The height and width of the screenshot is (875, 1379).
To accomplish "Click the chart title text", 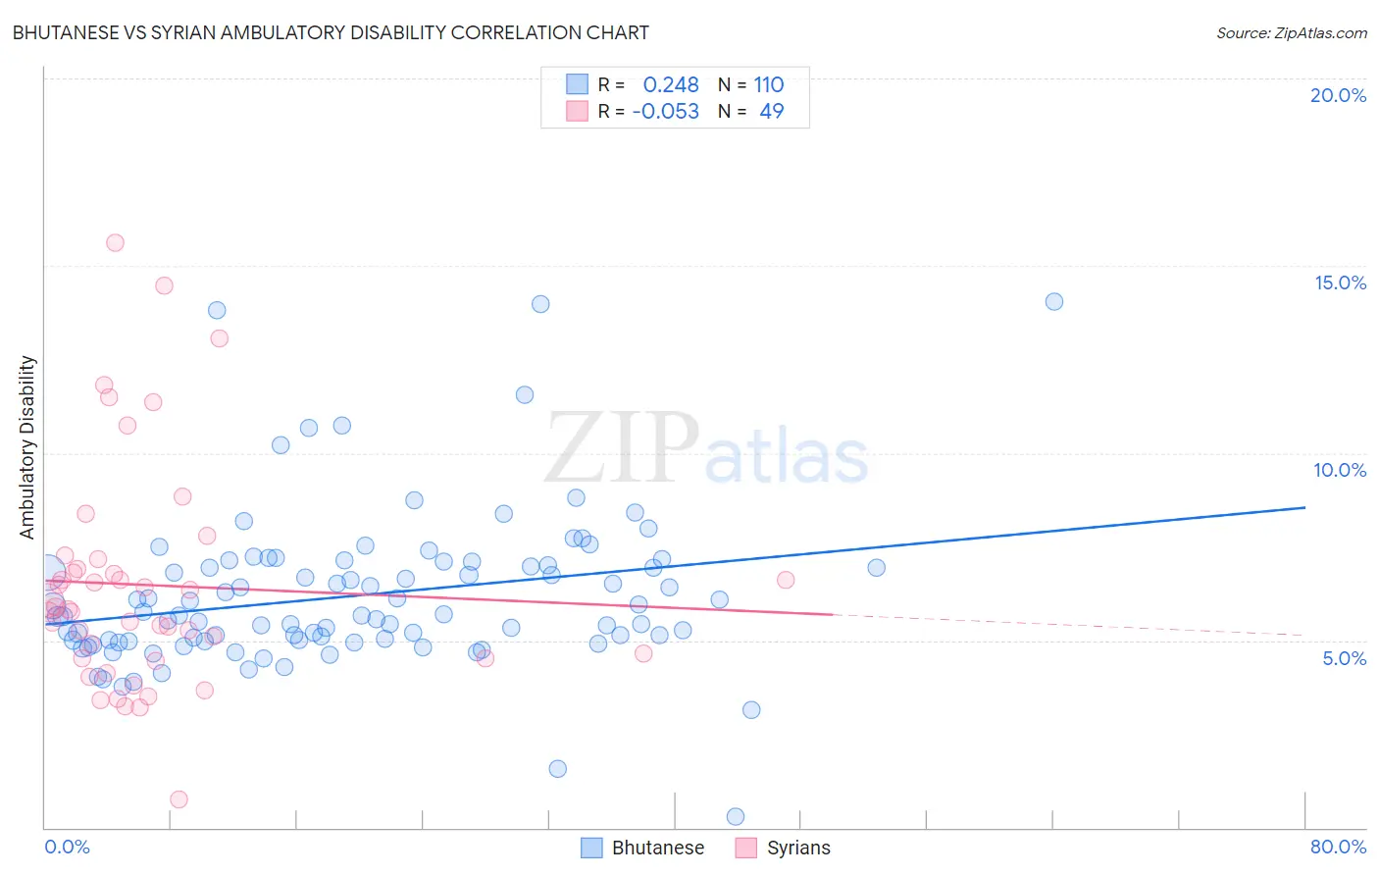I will tap(331, 32).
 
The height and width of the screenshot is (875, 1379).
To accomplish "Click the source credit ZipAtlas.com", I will tap(1291, 32).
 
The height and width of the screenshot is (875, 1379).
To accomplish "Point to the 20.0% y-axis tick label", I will tap(1338, 95).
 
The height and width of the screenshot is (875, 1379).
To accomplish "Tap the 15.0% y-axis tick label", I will tap(1340, 283).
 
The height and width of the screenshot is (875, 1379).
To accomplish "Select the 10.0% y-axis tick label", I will tap(1340, 470).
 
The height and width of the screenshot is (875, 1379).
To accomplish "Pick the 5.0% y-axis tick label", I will tap(1344, 658).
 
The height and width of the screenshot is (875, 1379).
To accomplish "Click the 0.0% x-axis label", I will tap(67, 847).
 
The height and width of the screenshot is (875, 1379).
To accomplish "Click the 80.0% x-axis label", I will tap(1338, 847).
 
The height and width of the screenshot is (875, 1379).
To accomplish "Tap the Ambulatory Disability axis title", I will tap(27, 447).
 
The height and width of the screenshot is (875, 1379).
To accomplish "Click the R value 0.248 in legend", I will tap(671, 85).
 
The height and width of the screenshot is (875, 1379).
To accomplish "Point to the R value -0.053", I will tap(665, 112).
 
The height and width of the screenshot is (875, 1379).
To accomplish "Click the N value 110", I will tap(769, 85).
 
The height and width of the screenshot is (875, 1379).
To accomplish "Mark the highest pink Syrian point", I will tap(115, 242).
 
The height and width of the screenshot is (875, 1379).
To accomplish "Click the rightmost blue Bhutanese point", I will tap(1054, 301).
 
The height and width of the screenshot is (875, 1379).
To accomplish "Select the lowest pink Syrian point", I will tap(179, 799).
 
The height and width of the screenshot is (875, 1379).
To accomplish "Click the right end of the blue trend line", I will tap(1304, 507).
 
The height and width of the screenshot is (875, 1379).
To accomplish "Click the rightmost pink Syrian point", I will tap(786, 580).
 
